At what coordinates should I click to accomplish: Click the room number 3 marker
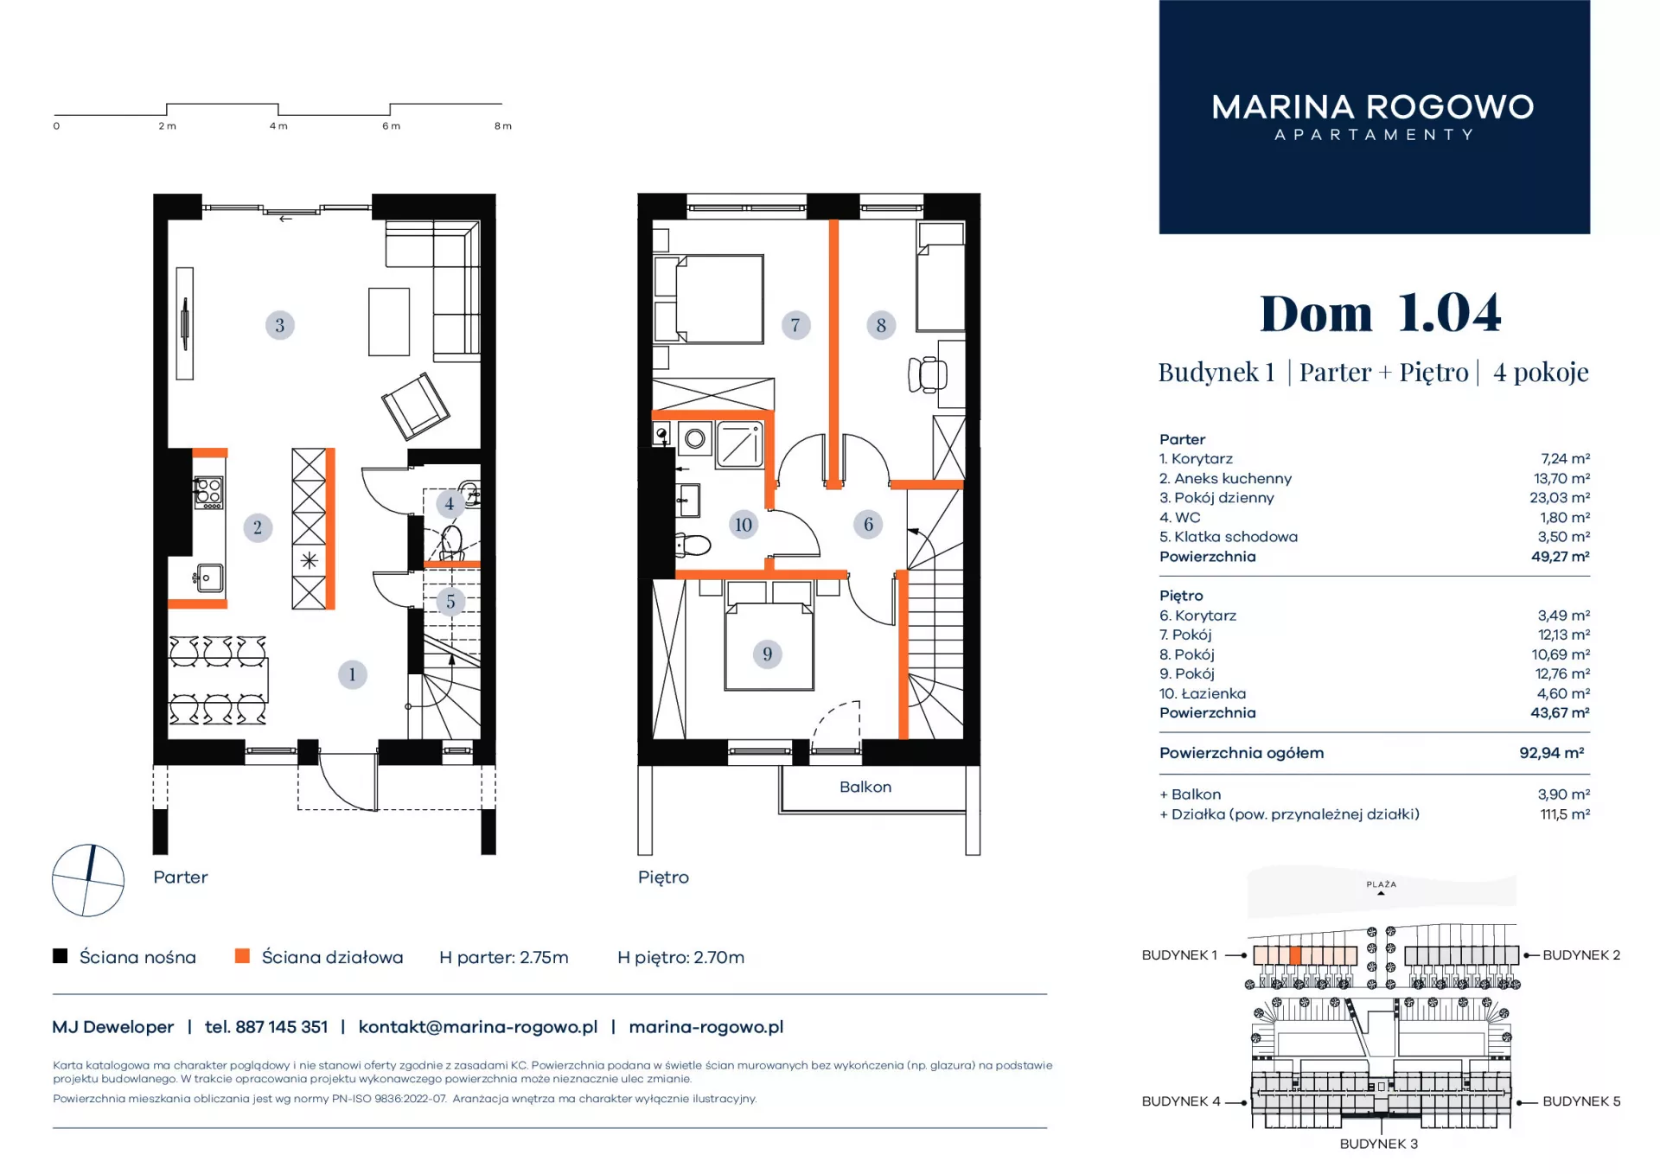(x=279, y=325)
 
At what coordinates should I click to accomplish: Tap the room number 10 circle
(x=743, y=524)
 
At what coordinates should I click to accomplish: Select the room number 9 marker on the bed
(x=767, y=654)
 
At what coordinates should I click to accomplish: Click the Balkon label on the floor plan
(x=865, y=787)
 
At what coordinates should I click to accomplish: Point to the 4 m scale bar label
(x=278, y=126)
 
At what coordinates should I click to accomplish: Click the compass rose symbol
(x=88, y=880)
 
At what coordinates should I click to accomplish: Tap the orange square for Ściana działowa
(x=242, y=955)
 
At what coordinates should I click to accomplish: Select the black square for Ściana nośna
(x=61, y=955)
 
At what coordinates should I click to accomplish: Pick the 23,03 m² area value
(x=1560, y=497)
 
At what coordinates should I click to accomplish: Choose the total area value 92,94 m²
(x=1552, y=753)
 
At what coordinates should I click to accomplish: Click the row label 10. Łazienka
(x=1203, y=693)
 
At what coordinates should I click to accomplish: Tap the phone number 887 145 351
(x=281, y=1027)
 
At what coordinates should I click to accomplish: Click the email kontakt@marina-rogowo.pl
(x=478, y=1027)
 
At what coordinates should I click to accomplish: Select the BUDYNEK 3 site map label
(x=1379, y=1144)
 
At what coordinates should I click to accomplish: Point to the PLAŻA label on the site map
(x=1382, y=884)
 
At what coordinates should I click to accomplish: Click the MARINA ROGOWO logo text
(x=1373, y=107)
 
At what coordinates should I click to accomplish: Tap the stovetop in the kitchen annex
(x=208, y=492)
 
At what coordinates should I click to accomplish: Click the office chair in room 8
(x=928, y=374)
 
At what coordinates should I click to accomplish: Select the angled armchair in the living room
(x=416, y=405)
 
